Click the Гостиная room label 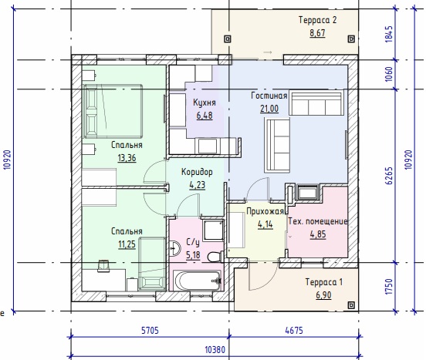point(269,96)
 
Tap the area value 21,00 point(269,109)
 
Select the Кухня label point(205,103)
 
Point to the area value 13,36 point(127,158)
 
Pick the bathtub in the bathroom point(198,281)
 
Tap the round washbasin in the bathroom point(174,247)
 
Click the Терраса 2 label point(317,20)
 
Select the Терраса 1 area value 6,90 point(323,295)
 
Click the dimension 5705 point(150,331)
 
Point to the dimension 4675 point(294,331)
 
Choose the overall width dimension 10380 point(215,350)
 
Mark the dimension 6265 point(389,176)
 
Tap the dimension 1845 point(389,34)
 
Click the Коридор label point(197,172)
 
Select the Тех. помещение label point(318,221)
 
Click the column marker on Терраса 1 point(351,305)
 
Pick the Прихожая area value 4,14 point(265,224)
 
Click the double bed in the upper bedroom point(113,111)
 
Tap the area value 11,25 point(127,244)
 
